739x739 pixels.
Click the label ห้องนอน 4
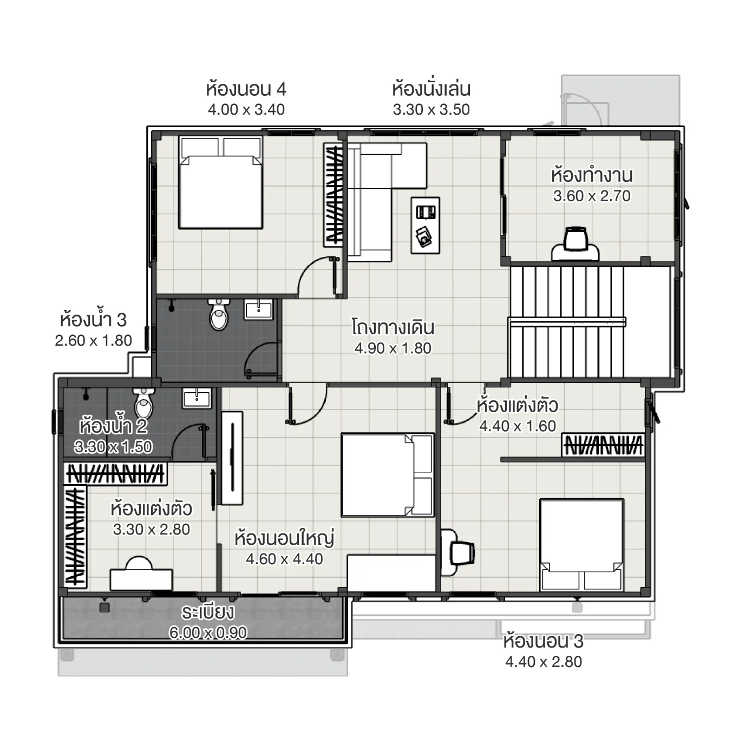(x=246, y=89)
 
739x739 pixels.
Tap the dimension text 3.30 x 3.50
(x=431, y=110)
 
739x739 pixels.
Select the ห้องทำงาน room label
(x=592, y=176)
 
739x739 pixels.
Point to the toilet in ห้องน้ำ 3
(x=219, y=314)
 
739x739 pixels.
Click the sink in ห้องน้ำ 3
(x=259, y=309)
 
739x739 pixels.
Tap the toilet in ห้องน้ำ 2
(x=144, y=403)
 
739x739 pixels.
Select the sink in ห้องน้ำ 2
(x=197, y=398)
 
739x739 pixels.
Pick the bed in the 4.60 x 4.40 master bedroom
(x=387, y=475)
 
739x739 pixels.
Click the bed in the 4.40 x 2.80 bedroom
(x=581, y=544)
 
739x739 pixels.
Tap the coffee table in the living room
(x=425, y=225)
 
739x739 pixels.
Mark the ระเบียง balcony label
(x=208, y=612)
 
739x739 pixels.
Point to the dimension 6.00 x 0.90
(x=208, y=632)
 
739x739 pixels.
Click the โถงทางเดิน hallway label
(x=393, y=328)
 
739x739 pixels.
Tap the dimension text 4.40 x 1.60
(x=518, y=426)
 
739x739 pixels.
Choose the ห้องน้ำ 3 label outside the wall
(x=93, y=320)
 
